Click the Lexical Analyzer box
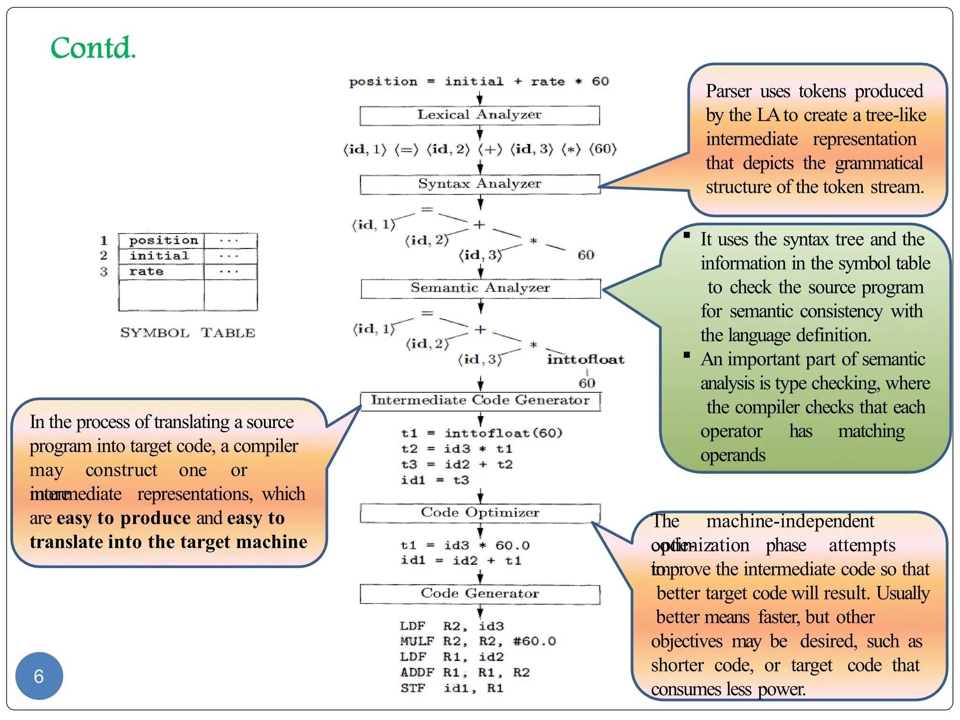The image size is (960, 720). (x=480, y=115)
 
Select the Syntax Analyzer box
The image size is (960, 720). (x=480, y=184)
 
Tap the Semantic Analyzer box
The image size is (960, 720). (x=480, y=288)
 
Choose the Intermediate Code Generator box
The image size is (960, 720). (x=480, y=401)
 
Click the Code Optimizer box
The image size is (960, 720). (x=480, y=513)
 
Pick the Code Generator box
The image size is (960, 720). (x=480, y=594)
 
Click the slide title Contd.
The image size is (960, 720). (x=93, y=48)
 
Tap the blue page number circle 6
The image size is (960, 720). (x=39, y=676)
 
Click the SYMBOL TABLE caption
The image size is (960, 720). (x=187, y=333)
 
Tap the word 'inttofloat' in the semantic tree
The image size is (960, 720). (x=585, y=360)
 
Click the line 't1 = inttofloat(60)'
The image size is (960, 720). (x=481, y=433)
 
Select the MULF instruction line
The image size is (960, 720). (x=478, y=641)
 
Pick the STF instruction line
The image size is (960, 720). (x=452, y=689)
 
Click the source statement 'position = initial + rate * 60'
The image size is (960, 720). (x=479, y=82)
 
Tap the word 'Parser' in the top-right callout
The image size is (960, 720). (x=728, y=91)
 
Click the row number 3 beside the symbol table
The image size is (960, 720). (x=104, y=272)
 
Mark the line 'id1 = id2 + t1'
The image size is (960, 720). (x=461, y=561)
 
